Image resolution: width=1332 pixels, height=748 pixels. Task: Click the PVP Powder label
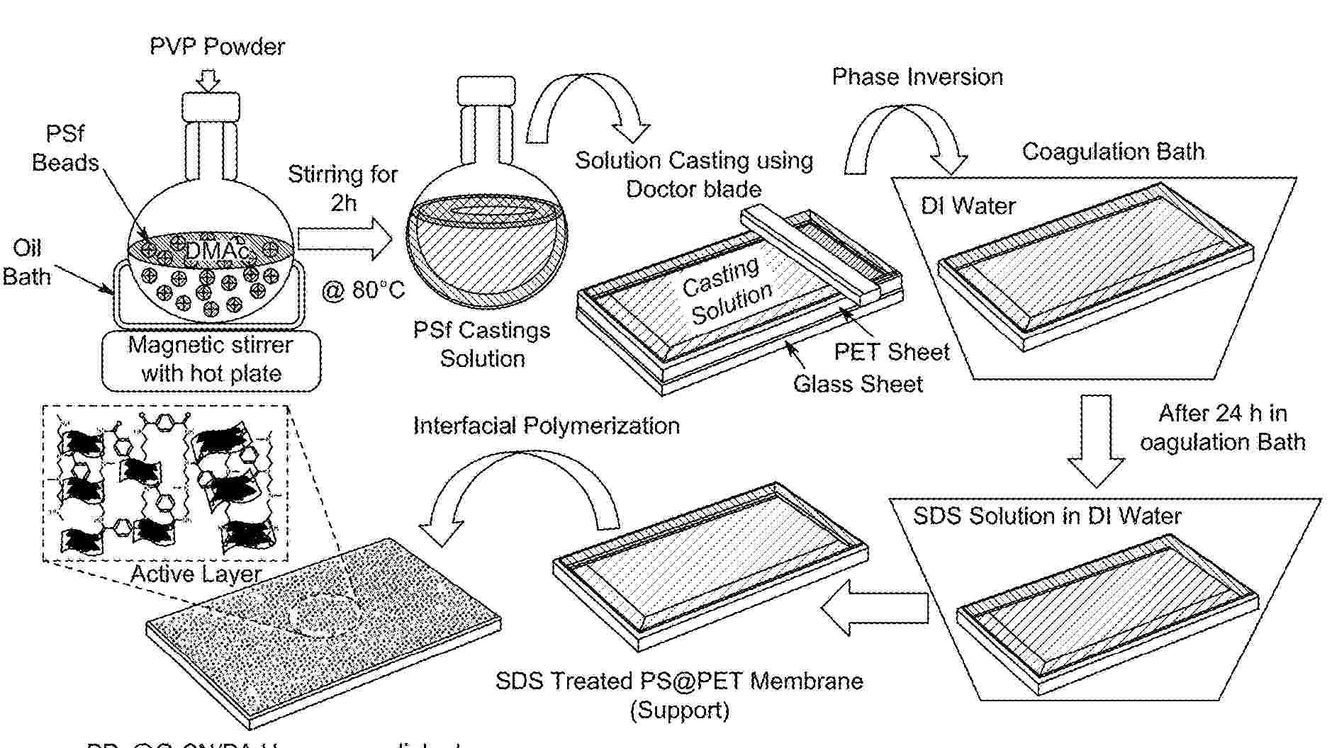coord(217,47)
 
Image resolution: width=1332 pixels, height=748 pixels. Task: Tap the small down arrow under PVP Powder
coord(208,80)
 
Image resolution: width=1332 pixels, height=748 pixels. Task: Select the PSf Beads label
coord(65,148)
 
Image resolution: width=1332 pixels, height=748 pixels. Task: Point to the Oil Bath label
coord(27,262)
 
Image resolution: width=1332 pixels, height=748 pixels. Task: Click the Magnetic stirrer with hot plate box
coord(211,360)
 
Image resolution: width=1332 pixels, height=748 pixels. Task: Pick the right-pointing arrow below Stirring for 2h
coord(345,239)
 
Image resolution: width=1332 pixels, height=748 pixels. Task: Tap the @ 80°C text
coord(363,290)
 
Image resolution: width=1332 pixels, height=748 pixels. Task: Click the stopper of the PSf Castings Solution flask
coord(486,91)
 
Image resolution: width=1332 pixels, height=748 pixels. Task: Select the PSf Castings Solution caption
coord(482,344)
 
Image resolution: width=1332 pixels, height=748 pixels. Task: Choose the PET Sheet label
coord(891,351)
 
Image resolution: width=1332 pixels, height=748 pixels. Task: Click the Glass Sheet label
coord(858,384)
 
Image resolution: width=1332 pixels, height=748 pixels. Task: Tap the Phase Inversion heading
coord(917,76)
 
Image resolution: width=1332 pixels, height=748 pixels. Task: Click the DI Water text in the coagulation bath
coord(968,205)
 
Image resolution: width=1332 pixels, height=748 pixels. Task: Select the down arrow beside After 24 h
coord(1096,441)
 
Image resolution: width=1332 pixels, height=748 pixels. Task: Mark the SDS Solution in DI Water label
coord(1047,516)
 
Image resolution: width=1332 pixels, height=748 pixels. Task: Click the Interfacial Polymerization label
coord(546,426)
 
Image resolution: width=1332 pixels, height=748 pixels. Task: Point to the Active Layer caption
coord(196,573)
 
